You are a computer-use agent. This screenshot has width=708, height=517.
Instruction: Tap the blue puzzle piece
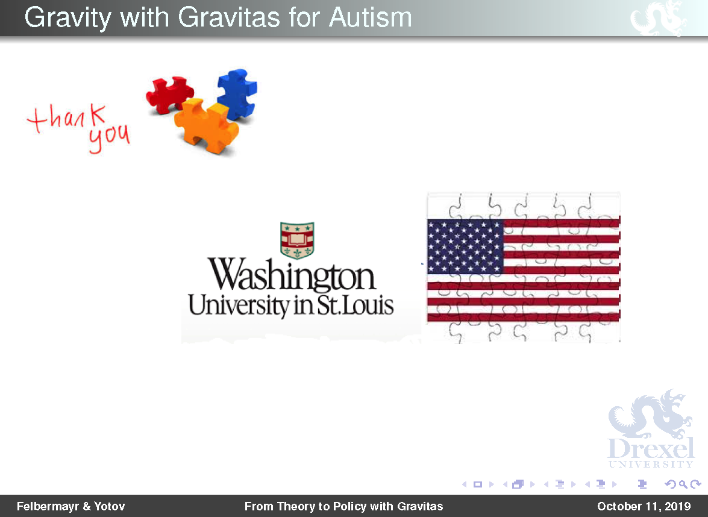[x=237, y=94]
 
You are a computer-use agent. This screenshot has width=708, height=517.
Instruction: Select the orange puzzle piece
[x=206, y=125]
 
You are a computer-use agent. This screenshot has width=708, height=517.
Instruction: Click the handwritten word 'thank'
[x=67, y=118]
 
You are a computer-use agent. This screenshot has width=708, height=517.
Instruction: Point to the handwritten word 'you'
[x=109, y=137]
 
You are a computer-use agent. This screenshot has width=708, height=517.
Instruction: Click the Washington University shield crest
[x=297, y=240]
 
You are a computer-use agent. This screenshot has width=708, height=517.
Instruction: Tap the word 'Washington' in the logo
[x=291, y=275]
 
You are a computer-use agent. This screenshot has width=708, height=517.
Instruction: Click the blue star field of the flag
[x=465, y=246]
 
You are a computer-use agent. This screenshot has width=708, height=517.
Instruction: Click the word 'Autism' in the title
[x=370, y=17]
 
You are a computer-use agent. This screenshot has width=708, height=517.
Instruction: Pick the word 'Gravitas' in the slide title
[x=229, y=17]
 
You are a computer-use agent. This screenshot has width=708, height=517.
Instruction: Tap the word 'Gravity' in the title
[x=67, y=19]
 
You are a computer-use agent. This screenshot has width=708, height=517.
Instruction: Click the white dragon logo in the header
[x=658, y=18]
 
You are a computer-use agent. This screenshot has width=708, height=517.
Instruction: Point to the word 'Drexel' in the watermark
[x=651, y=448]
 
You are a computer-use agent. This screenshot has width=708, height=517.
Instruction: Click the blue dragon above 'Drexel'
[x=650, y=414]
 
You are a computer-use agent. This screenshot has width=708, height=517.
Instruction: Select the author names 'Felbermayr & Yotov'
[x=71, y=506]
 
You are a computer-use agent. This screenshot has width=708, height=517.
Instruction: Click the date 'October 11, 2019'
[x=644, y=506]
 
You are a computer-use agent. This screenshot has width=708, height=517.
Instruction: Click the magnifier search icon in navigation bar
[x=683, y=484]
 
